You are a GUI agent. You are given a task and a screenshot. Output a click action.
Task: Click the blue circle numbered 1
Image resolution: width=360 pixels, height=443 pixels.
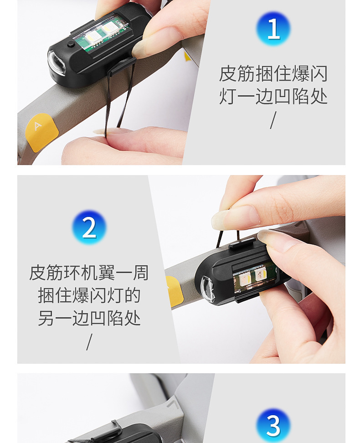click(x=273, y=28)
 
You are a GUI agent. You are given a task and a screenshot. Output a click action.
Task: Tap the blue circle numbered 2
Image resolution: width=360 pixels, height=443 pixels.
click(x=89, y=227)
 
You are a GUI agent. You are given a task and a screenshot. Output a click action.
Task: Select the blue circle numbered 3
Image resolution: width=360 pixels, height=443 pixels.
click(x=273, y=425)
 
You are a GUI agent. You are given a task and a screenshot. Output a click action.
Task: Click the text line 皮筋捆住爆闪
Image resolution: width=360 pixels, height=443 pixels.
click(x=273, y=73)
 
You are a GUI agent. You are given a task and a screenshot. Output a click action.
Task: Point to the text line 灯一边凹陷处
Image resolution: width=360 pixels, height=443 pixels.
click(x=273, y=97)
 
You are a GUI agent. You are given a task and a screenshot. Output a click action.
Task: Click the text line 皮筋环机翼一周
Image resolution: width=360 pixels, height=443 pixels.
click(x=89, y=273)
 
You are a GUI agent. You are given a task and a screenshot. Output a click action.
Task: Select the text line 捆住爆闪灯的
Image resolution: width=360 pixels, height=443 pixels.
click(x=89, y=295)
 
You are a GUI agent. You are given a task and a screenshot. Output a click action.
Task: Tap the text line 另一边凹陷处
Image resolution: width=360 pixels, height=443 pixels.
click(x=89, y=318)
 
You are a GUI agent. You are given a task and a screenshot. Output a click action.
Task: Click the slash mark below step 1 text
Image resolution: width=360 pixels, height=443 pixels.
click(x=273, y=120)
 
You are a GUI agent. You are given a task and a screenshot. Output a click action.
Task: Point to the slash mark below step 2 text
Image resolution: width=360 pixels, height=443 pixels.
click(x=89, y=342)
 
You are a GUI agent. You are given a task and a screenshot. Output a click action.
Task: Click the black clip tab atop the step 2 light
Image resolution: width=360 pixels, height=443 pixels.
click(x=237, y=243)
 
